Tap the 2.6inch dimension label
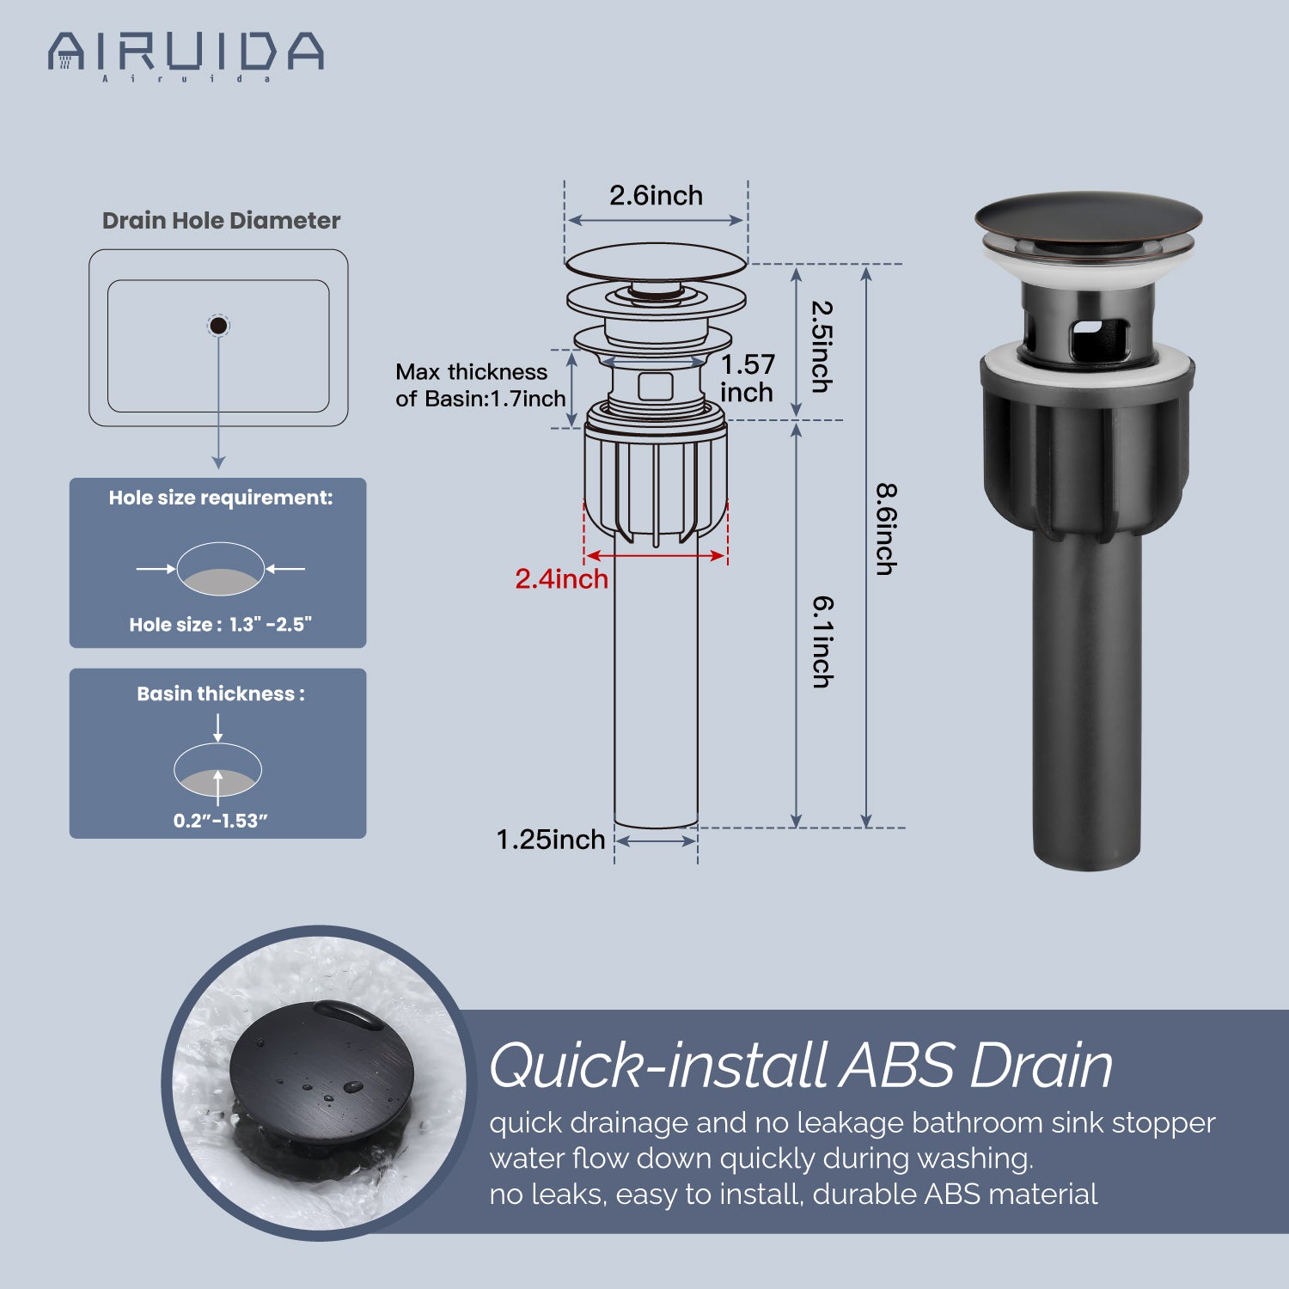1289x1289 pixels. pos(656,196)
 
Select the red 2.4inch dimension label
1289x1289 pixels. pos(561,578)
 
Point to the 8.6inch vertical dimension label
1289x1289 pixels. pos(886,528)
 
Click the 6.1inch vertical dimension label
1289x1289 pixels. pos(823,642)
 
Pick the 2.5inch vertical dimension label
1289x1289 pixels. pos(822,346)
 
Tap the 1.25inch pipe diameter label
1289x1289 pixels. pos(551,840)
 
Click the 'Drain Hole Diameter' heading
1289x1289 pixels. pos(222,221)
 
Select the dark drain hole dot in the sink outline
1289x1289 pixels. pos(218,326)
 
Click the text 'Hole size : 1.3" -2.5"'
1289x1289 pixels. pos(220,625)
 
